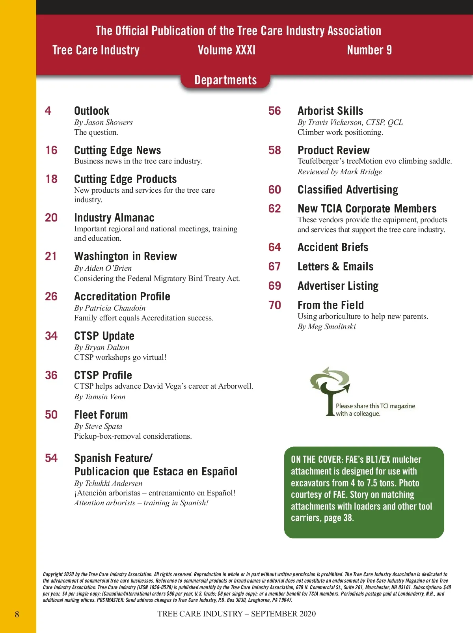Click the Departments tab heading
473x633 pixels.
coord(225,80)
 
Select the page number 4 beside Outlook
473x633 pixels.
coord(48,111)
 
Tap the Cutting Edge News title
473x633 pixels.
coord(117,150)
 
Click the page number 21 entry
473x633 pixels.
coord(51,256)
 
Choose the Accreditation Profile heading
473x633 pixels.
coord(122,296)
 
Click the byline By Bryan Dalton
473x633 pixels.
coord(102,347)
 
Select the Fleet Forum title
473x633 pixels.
coord(101,415)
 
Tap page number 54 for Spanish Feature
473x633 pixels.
coord(51,458)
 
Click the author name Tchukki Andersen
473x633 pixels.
coord(114,483)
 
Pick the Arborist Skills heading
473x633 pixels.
coord(330,111)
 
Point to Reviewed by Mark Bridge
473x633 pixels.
coord(340,171)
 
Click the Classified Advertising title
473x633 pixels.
coord(348,190)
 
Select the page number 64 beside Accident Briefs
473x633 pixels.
coord(275,247)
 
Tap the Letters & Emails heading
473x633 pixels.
coord(335,266)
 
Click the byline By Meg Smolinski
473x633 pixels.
coord(327,326)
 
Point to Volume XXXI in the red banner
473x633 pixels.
coord(227,50)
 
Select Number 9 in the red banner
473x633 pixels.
coord(369,50)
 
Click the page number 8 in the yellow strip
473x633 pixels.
coord(17,614)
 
